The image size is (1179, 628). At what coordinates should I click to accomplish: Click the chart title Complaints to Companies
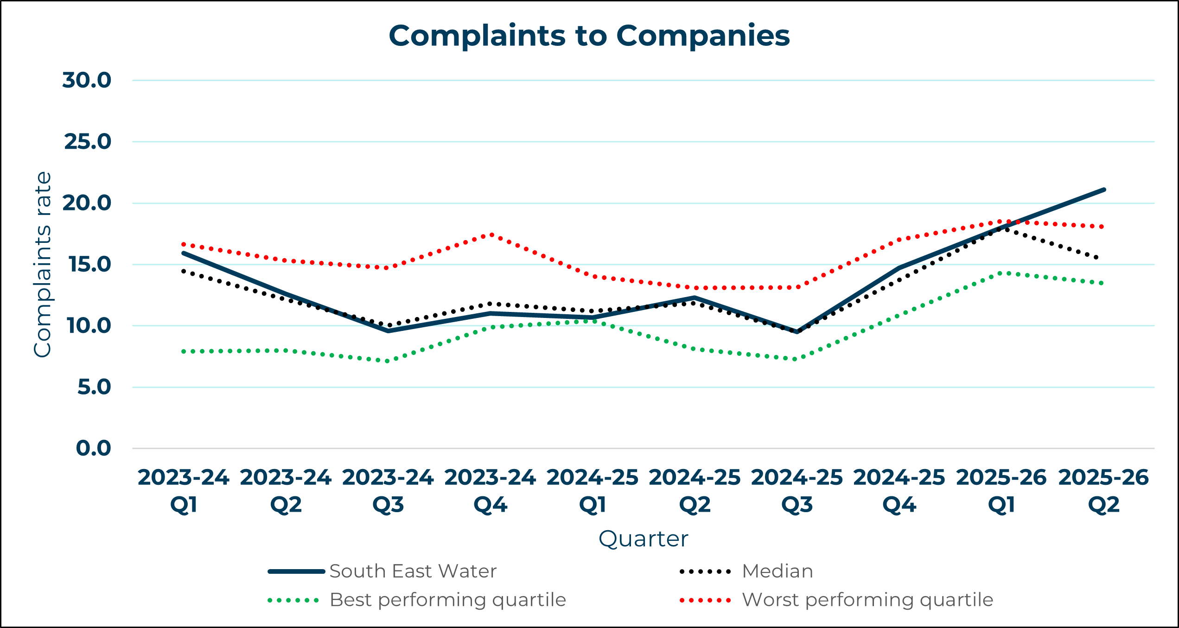pos(589,36)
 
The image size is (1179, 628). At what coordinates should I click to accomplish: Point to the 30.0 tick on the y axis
pos(87,80)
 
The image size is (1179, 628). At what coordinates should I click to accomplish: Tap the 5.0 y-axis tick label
pos(94,387)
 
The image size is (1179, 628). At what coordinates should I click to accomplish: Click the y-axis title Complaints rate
pos(43,265)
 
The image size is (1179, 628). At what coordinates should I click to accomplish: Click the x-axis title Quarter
pos(643,539)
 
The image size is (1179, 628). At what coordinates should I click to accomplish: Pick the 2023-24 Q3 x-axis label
pos(388,491)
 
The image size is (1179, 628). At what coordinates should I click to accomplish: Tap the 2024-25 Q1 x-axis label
pos(593,491)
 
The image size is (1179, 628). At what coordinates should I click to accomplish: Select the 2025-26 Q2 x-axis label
pos(1103,491)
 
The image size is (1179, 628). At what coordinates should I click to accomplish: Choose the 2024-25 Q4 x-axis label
pos(899,491)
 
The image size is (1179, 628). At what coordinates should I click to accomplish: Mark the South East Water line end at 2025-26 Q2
pos(1104,190)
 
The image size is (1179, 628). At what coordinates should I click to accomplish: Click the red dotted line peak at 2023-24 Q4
pos(491,235)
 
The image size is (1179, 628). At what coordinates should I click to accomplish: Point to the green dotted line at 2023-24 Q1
pos(184,352)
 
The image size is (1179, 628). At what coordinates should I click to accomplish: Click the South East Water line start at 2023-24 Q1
pos(184,253)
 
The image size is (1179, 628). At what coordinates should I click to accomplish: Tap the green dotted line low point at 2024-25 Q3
pos(796,359)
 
